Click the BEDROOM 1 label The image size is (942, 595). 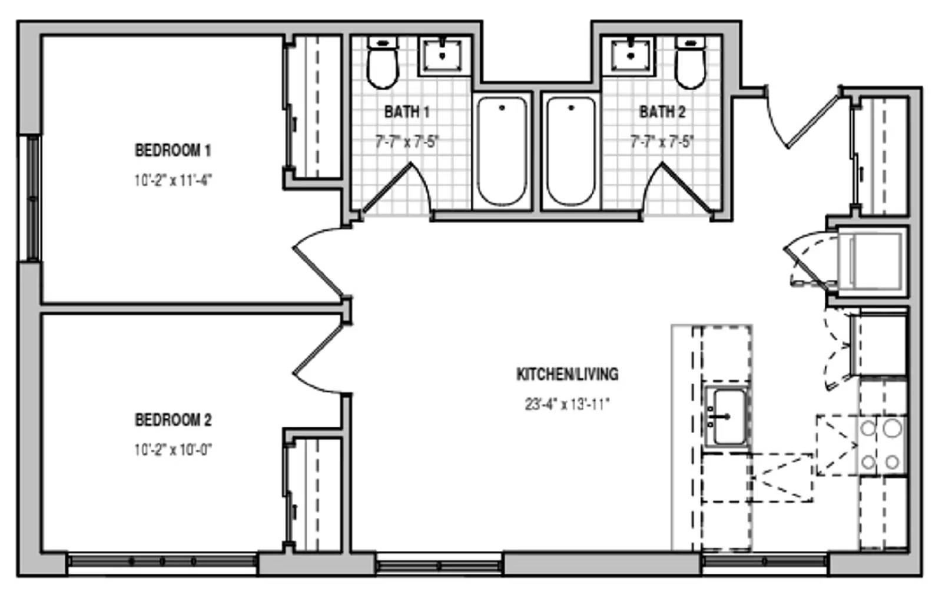(x=173, y=151)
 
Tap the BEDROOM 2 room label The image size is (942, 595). (x=173, y=420)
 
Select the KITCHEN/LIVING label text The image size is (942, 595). (x=568, y=374)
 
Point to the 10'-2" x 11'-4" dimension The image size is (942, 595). (x=173, y=181)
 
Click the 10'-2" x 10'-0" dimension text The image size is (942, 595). (x=173, y=450)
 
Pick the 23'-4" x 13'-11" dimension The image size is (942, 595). (x=568, y=404)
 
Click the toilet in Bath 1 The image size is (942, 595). (x=382, y=62)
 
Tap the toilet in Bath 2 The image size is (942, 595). (x=690, y=62)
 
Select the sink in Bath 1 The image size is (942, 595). (x=442, y=55)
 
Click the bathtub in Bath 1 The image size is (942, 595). (x=502, y=151)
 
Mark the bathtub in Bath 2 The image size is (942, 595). (x=571, y=151)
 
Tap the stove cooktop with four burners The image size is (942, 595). (x=881, y=446)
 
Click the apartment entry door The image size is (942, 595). (x=803, y=118)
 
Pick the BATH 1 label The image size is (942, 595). (x=407, y=112)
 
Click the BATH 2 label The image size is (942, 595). (x=662, y=112)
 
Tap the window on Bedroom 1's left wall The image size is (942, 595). (x=32, y=198)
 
